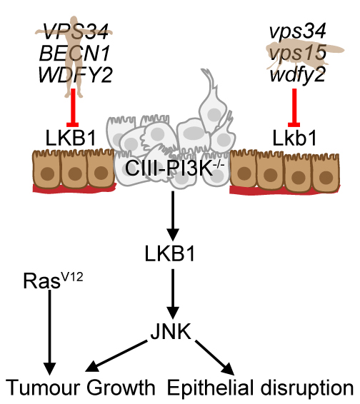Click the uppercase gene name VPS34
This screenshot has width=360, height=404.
click(x=76, y=31)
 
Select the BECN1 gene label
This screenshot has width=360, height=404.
click(x=75, y=54)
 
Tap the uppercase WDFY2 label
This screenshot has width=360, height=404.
click(x=75, y=74)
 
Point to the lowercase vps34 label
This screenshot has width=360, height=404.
click(x=297, y=31)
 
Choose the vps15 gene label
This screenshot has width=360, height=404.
click(x=297, y=53)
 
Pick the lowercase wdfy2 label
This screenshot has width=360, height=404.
click(x=297, y=74)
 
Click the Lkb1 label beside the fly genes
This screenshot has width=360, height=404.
click(x=294, y=138)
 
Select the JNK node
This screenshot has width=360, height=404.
click(x=171, y=331)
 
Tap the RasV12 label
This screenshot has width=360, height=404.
click(x=53, y=281)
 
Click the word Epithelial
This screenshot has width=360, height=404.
click(x=210, y=388)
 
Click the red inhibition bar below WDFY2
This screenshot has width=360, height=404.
click(x=73, y=108)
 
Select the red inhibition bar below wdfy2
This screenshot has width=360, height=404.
click(x=294, y=108)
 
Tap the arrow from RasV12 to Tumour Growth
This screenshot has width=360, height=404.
click(x=49, y=333)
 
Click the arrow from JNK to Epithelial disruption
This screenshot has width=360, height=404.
click(x=214, y=358)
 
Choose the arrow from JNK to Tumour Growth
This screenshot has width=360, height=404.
click(x=116, y=356)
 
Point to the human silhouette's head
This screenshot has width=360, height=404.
click(x=74, y=20)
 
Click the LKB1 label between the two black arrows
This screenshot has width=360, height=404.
click(x=170, y=253)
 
